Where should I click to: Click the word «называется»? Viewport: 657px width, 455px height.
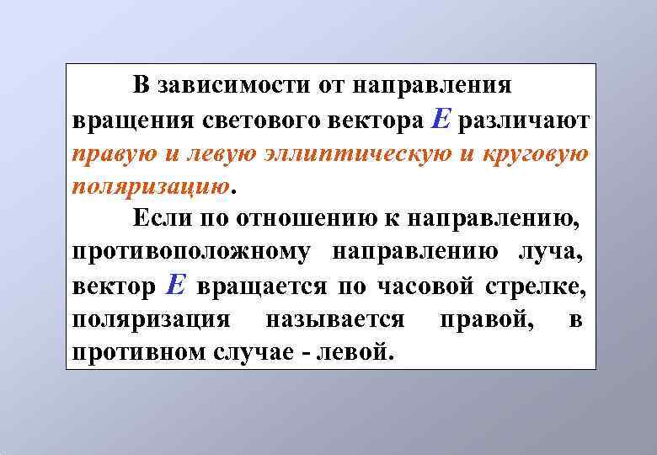pyautogui.click(x=335, y=319)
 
